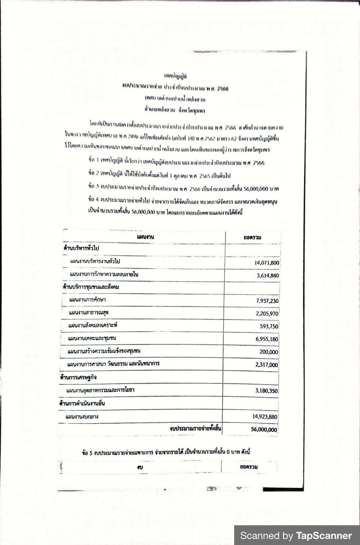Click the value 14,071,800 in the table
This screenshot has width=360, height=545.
[267, 263]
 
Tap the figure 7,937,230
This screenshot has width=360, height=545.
[267, 301]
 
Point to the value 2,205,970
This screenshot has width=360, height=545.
[267, 314]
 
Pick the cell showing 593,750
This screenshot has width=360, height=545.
[269, 326]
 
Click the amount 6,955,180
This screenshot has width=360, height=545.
[267, 339]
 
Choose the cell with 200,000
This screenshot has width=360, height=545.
[269, 352]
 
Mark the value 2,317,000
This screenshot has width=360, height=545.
[267, 365]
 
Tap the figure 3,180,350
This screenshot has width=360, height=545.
[266, 391]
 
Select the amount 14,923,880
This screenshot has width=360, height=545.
[265, 417]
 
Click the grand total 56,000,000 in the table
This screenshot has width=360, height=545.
[264, 430]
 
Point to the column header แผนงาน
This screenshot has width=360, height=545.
[145, 237]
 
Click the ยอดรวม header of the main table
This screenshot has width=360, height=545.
[252, 238]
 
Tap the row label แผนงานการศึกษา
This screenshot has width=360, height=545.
[88, 300]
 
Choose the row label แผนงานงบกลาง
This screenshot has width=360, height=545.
[82, 417]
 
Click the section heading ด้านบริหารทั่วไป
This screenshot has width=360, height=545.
[81, 248]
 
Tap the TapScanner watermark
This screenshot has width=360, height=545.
[296, 535]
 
